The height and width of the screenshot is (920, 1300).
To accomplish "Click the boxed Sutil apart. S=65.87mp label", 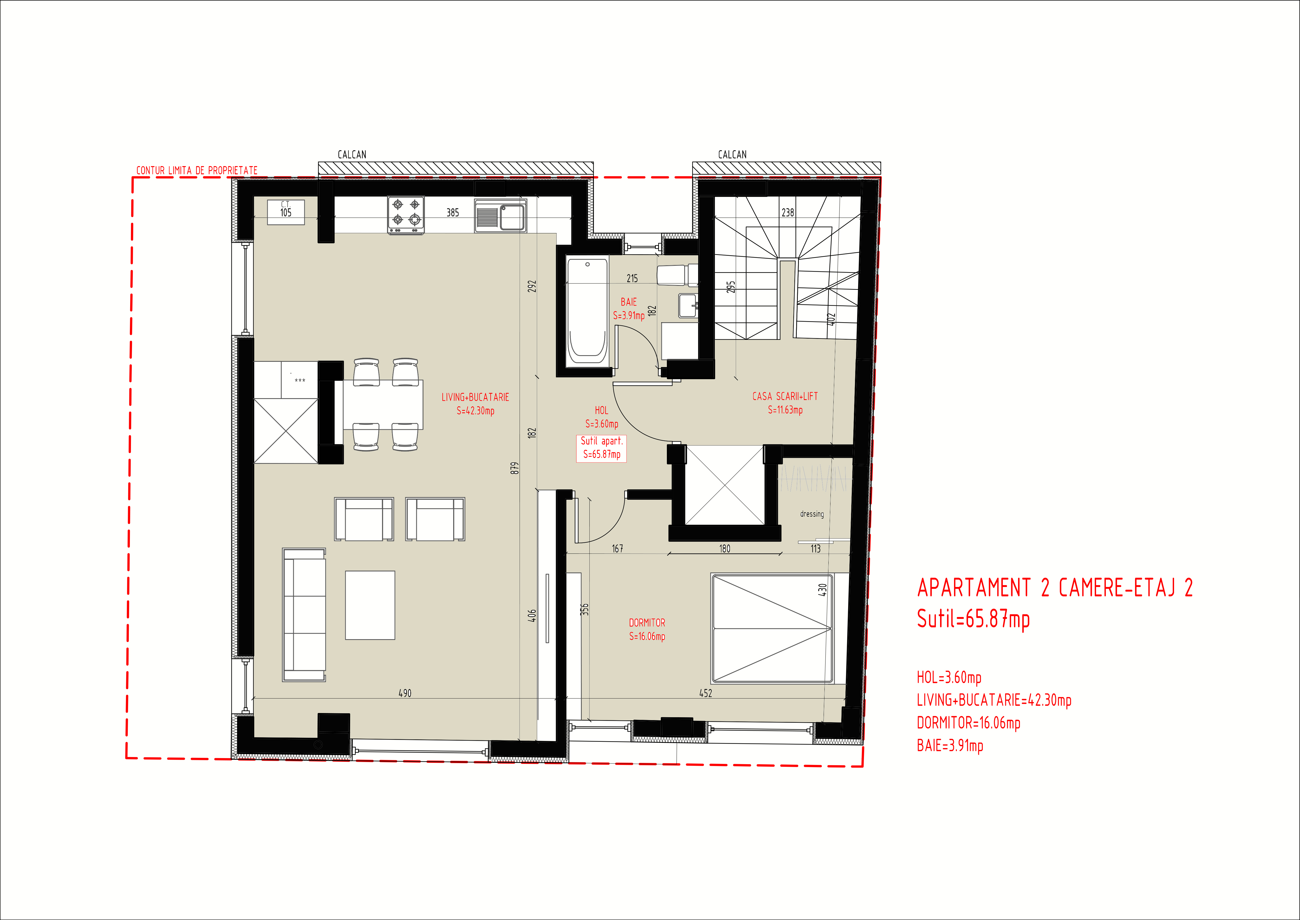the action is (x=601, y=447).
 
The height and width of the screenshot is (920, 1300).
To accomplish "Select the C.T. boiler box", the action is (x=286, y=212).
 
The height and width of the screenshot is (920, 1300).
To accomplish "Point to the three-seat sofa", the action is (x=304, y=615).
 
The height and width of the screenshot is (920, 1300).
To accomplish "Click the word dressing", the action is (x=812, y=514).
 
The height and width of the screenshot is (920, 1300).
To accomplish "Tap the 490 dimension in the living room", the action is (x=405, y=693).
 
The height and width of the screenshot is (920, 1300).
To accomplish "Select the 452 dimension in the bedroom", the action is (x=706, y=693).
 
